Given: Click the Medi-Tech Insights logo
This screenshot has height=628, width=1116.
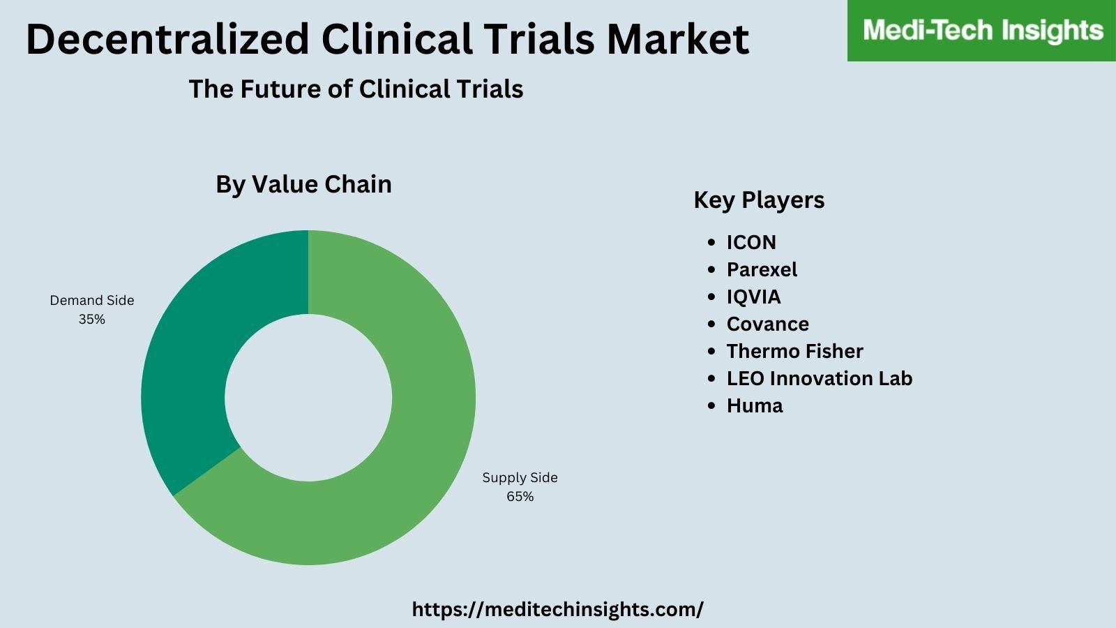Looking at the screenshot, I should pos(982,31).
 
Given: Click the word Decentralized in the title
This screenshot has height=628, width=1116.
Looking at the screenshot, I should pos(167,39).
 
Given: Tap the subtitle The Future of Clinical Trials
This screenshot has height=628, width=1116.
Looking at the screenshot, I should pos(356,89).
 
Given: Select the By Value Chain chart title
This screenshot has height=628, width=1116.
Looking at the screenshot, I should pos(303,184).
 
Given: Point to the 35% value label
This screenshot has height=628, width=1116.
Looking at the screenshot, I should pos(91,320).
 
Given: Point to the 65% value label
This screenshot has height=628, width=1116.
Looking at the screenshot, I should pos(520,497).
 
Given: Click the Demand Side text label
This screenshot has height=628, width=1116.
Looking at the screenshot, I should pos(91,301).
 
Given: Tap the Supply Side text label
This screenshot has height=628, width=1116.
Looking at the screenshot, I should pos(520,478).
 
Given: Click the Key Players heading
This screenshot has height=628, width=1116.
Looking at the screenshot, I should pos(759,200).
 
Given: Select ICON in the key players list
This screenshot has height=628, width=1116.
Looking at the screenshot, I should pos(751,242).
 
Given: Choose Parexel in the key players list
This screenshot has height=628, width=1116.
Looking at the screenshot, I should pos(762,269).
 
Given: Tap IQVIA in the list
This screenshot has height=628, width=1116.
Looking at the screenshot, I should pos(753,297).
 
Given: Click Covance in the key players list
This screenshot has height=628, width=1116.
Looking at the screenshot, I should pos(767,324).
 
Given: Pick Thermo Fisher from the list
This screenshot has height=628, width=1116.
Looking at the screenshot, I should pos(794,351).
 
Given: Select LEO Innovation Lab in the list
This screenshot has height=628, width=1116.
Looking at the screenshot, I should pos(819,378).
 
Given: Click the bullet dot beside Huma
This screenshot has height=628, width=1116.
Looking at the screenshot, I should pos(711,405).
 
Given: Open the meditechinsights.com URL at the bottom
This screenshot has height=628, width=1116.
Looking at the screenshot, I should pos(557,609).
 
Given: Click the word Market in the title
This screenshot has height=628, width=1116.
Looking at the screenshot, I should pos(678,39).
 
